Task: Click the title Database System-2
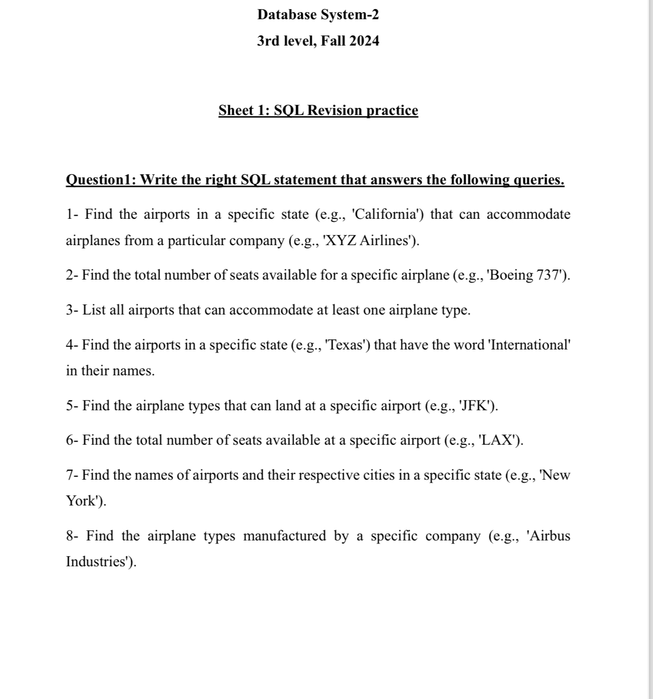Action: click(318, 15)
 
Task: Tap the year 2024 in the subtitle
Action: click(364, 41)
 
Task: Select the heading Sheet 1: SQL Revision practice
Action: click(318, 110)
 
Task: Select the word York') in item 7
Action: click(86, 501)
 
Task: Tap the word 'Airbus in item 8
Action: click(548, 536)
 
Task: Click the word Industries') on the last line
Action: click(101, 562)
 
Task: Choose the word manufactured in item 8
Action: click(284, 536)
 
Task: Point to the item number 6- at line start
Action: click(72, 440)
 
